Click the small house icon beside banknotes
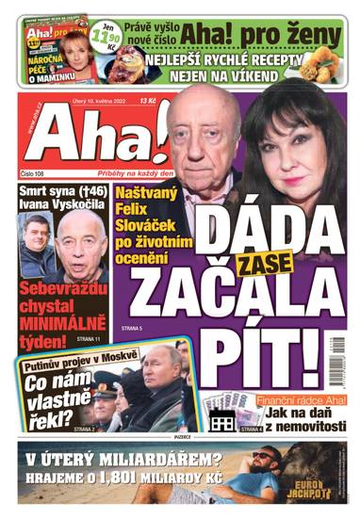[222, 422]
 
